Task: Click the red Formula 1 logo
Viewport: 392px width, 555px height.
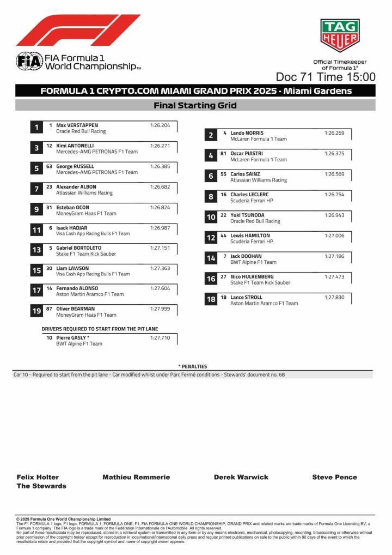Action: click(78, 30)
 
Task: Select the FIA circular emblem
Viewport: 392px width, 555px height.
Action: click(29, 61)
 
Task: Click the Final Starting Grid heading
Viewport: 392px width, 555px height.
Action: click(195, 105)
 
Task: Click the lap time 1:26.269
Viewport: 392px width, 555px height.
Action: click(334, 133)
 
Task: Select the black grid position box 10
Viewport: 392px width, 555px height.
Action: click(211, 217)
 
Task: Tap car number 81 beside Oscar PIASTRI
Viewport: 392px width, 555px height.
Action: click(223, 154)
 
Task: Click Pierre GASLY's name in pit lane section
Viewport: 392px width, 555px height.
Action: click(73, 338)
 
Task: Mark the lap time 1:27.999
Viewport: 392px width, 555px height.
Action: click(160, 309)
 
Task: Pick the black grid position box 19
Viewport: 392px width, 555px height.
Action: click(36, 311)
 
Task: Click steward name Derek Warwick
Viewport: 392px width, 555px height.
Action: click(241, 477)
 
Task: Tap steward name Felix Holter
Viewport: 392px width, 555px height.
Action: click(38, 477)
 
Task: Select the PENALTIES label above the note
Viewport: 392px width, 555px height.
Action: click(192, 366)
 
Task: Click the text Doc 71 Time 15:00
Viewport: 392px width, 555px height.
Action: click(325, 77)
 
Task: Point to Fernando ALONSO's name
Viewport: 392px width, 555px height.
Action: click(77, 288)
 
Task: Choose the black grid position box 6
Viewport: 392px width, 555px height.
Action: click(211, 176)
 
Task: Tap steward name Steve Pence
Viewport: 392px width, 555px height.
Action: click(334, 477)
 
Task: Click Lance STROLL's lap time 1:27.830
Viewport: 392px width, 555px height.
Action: click(334, 297)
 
